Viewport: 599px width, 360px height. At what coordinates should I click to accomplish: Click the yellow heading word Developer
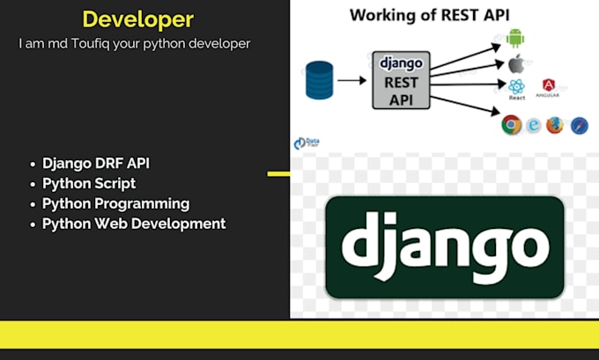137,19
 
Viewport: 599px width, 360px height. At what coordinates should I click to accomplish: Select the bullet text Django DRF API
102,164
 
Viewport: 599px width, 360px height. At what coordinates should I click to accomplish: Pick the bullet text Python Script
89,183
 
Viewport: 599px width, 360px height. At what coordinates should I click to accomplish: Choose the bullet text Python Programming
115,203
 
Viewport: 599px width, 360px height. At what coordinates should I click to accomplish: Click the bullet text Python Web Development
134,224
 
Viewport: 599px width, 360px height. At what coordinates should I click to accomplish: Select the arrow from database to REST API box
352,80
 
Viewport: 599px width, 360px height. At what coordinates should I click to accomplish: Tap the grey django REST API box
401,79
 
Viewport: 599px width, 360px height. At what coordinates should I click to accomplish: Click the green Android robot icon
515,38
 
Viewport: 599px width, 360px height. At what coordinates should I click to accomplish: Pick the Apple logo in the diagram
515,63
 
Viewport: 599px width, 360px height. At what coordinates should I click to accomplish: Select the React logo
516,86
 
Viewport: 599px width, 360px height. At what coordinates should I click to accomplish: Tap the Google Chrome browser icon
510,125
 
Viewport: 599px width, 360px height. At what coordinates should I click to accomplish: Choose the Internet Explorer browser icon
533,125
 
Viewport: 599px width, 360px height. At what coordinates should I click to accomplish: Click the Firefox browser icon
555,125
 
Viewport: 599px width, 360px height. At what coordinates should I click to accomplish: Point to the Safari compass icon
579,125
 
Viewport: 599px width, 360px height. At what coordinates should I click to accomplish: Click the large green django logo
444,247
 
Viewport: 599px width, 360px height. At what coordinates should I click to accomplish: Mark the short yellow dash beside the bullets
278,173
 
